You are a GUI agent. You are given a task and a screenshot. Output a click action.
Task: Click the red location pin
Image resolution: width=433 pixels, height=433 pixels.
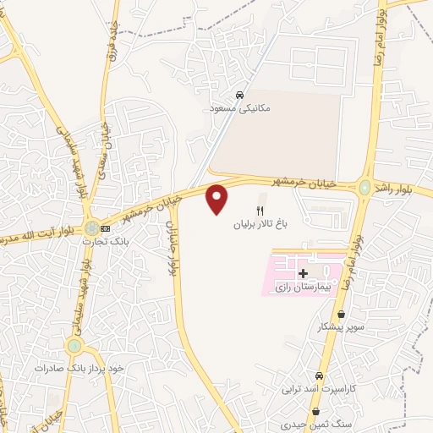(217, 199)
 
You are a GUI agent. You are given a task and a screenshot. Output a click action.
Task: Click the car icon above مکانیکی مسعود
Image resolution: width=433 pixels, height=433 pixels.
(241, 95)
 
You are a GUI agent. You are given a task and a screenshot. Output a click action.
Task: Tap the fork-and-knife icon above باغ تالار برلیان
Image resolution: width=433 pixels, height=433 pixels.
(260, 211)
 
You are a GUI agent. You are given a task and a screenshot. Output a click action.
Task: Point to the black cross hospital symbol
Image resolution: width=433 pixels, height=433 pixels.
(303, 273)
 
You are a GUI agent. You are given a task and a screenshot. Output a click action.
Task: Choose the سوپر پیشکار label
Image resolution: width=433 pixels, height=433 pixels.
(342, 326)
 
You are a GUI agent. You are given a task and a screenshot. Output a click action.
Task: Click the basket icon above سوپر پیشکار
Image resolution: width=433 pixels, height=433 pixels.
(341, 313)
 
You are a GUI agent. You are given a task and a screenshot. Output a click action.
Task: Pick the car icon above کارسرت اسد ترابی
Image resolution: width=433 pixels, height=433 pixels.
(319, 375)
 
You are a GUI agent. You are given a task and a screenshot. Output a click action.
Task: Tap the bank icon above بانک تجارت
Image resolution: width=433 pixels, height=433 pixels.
(106, 228)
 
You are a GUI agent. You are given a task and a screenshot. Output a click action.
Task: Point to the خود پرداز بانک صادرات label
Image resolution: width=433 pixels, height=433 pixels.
(79, 369)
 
